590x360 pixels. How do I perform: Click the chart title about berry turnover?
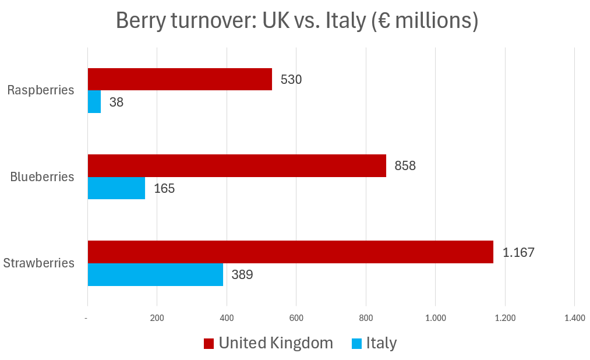tap(297, 20)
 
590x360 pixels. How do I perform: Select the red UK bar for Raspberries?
tap(179, 79)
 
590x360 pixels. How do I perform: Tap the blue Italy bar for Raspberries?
tap(94, 102)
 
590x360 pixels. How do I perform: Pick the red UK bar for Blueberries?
tap(236, 165)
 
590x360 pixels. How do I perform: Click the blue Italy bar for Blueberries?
tap(116, 188)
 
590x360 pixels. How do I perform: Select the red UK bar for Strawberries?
tap(290, 252)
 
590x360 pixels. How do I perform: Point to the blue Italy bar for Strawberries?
tap(156, 274)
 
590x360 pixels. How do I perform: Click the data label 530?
tap(291, 79)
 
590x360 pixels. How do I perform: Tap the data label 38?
tap(116, 102)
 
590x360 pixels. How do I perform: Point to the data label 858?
tap(405, 165)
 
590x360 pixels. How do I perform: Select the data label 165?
tap(164, 188)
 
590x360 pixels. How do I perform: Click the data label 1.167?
tap(518, 252)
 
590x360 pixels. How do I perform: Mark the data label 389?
tap(242, 274)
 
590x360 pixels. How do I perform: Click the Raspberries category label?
tap(41, 90)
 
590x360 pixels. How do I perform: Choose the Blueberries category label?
tap(43, 177)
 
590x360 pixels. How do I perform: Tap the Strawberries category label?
tap(39, 263)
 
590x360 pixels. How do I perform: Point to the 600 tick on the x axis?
tap(296, 318)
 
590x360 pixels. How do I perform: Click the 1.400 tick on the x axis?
tap(574, 318)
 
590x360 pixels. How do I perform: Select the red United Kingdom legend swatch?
tap(209, 344)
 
